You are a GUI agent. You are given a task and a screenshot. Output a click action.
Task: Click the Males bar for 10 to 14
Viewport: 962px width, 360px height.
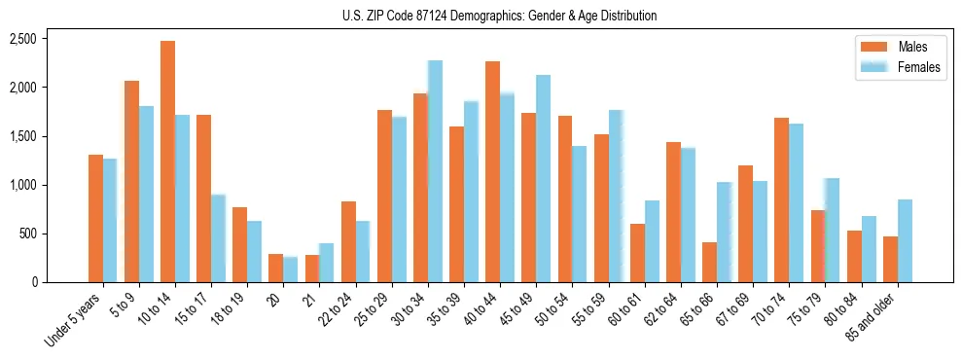167,162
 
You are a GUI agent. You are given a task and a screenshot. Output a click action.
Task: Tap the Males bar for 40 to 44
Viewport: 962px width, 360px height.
492,171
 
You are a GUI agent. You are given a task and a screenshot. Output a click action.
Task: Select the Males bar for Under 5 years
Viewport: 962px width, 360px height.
95,218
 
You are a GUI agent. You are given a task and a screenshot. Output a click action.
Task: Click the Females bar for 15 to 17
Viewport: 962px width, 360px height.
218,238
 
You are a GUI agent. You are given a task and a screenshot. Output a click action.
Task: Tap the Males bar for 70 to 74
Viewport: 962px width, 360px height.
781,199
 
